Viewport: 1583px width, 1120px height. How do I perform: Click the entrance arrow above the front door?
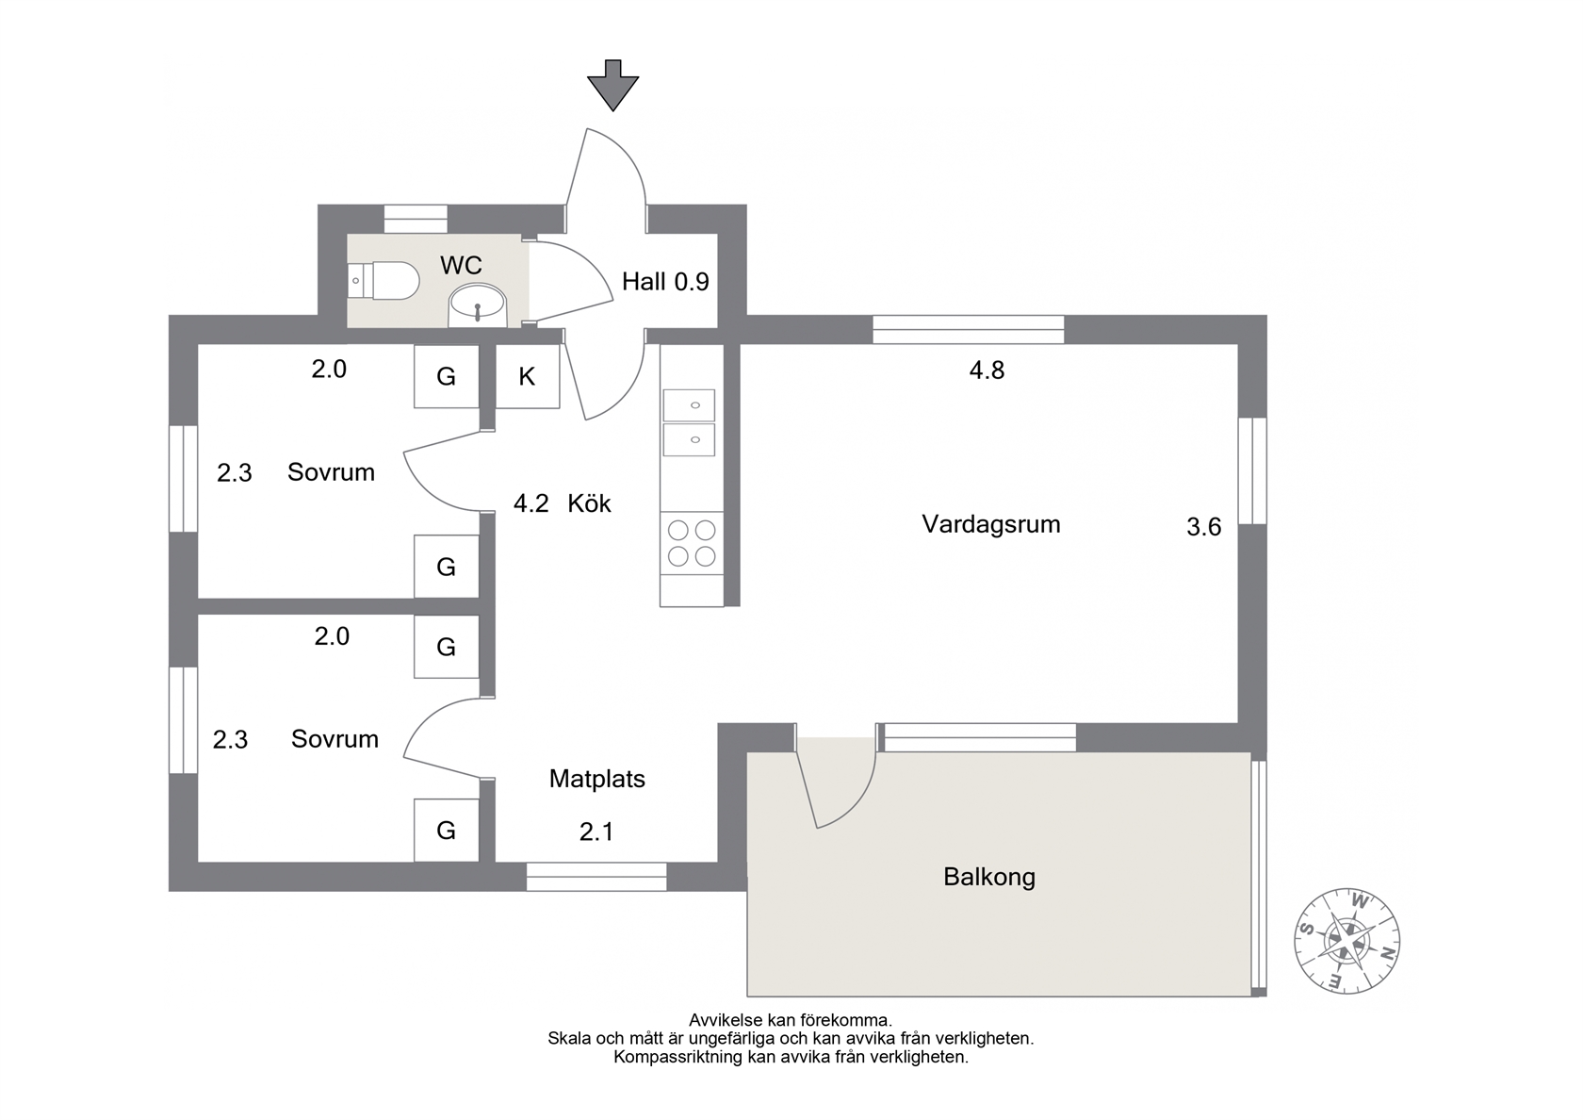point(612,85)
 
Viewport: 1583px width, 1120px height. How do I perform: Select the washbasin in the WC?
point(478,306)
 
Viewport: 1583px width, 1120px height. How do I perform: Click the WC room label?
point(461,265)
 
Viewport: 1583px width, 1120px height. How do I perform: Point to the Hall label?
point(643,281)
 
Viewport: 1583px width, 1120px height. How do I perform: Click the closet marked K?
point(528,376)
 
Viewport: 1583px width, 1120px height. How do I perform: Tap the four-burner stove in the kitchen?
point(692,543)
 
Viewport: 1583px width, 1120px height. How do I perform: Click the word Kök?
point(589,503)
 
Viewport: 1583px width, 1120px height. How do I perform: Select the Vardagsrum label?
point(991,524)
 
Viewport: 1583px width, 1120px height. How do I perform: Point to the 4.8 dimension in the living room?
point(987,370)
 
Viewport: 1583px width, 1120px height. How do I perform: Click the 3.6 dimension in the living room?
point(1204,527)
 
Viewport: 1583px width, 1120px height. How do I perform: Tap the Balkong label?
point(989,878)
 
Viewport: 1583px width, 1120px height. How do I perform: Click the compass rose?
point(1347,941)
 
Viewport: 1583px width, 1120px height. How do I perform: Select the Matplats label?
point(597,779)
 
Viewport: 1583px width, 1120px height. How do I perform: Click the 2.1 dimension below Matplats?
point(596,832)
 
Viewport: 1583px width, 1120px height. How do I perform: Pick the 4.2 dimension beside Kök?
point(530,503)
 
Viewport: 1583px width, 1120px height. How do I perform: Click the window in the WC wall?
point(416,219)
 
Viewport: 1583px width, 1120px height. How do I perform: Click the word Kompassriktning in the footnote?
point(677,1058)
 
